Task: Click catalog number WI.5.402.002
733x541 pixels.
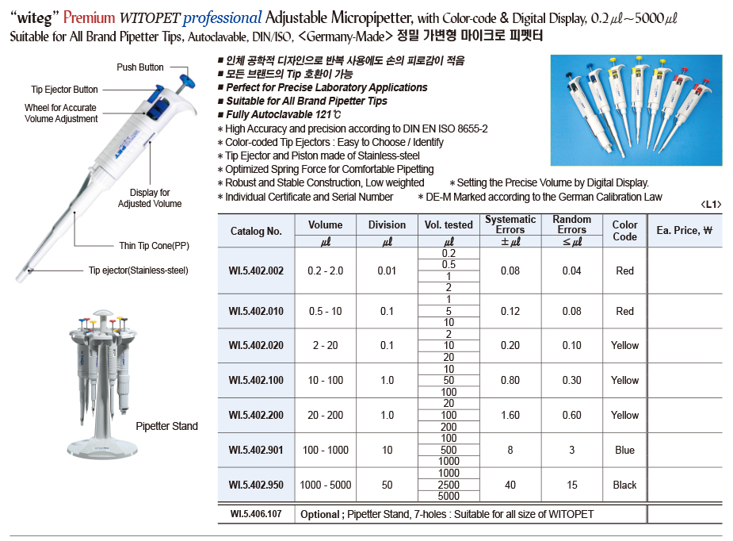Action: pyautogui.click(x=256, y=271)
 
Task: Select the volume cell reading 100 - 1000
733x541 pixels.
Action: pyautogui.click(x=325, y=451)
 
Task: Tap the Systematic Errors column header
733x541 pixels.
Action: pyautogui.click(x=510, y=224)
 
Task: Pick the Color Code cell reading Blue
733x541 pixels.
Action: pyautogui.click(x=624, y=451)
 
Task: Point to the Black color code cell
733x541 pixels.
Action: pyautogui.click(x=624, y=485)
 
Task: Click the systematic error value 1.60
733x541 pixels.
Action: pyautogui.click(x=510, y=416)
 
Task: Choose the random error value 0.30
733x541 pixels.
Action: pyautogui.click(x=571, y=381)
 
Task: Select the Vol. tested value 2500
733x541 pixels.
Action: pyautogui.click(x=449, y=485)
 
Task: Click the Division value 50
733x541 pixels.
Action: pyautogui.click(x=387, y=485)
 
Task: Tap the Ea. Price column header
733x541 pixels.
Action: pyautogui.click(x=685, y=231)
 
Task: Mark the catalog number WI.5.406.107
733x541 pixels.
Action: pyautogui.click(x=256, y=515)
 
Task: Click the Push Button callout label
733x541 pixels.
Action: pyautogui.click(x=140, y=68)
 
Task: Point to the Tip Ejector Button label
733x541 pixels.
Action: pyautogui.click(x=65, y=90)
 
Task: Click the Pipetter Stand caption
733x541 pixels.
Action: pyautogui.click(x=166, y=427)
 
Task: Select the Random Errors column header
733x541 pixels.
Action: pyautogui.click(x=571, y=224)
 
